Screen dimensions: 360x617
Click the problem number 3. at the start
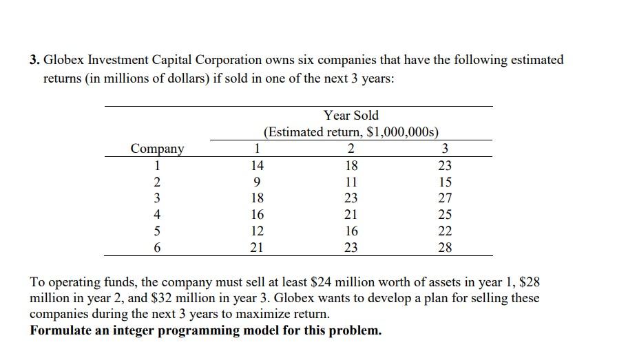coord(35,60)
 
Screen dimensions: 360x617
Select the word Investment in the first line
coord(116,60)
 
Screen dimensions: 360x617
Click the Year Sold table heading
coord(351,115)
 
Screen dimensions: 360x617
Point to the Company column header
coord(158,149)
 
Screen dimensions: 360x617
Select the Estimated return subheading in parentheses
coord(351,132)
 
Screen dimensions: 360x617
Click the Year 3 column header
coord(445,149)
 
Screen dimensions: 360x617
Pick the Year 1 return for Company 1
coord(256,165)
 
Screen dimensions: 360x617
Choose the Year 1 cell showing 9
coord(256,182)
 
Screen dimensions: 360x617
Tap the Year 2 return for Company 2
coord(351,182)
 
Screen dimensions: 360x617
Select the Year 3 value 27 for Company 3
coord(445,199)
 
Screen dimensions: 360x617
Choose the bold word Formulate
coord(60,330)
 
